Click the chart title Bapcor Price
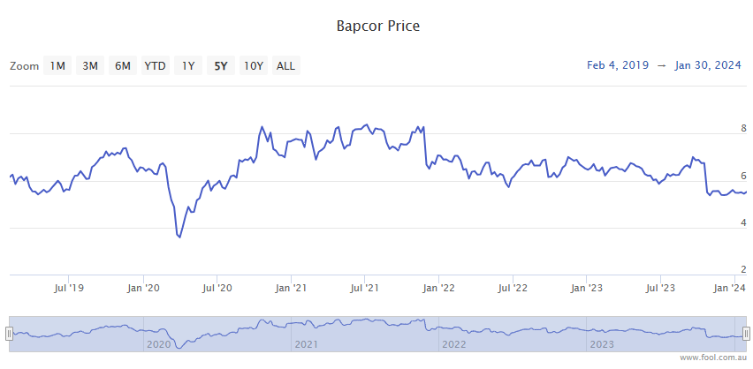[377, 26]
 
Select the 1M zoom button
[57, 65]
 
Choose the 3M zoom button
[90, 65]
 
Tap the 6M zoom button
[123, 65]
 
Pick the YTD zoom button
[155, 65]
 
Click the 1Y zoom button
[188, 65]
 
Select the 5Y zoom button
[220, 65]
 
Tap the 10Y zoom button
[254, 65]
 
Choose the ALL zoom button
[286, 65]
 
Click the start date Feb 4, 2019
[617, 65]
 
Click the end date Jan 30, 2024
[708, 65]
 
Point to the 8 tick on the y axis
[743, 128]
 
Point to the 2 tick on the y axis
[743, 269]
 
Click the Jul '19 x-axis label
[69, 288]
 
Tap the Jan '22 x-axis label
[439, 288]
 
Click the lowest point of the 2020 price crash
[179, 237]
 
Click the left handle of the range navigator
[9, 333]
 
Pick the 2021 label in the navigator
[306, 344]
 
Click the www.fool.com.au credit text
[713, 358]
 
